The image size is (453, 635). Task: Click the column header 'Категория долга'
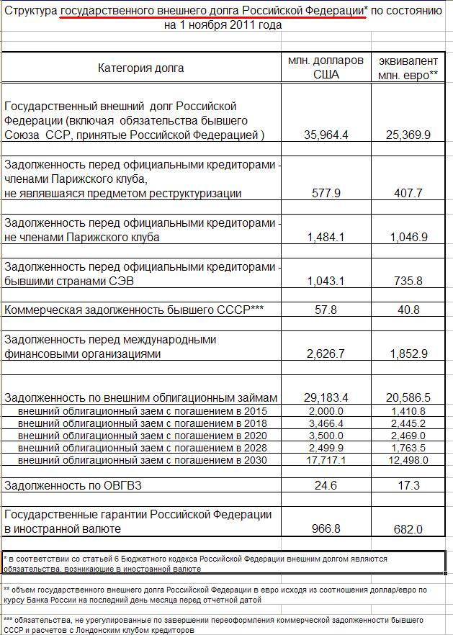[141, 68]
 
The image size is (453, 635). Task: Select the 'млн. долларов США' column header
[326, 68]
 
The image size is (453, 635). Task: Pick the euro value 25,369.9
[408, 135]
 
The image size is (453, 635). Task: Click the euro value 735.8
[408, 281]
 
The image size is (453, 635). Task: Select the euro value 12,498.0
[408, 460]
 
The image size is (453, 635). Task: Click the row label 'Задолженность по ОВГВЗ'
[73, 485]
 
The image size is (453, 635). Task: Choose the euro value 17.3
[408, 485]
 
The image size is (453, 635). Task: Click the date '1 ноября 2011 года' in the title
[223, 25]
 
